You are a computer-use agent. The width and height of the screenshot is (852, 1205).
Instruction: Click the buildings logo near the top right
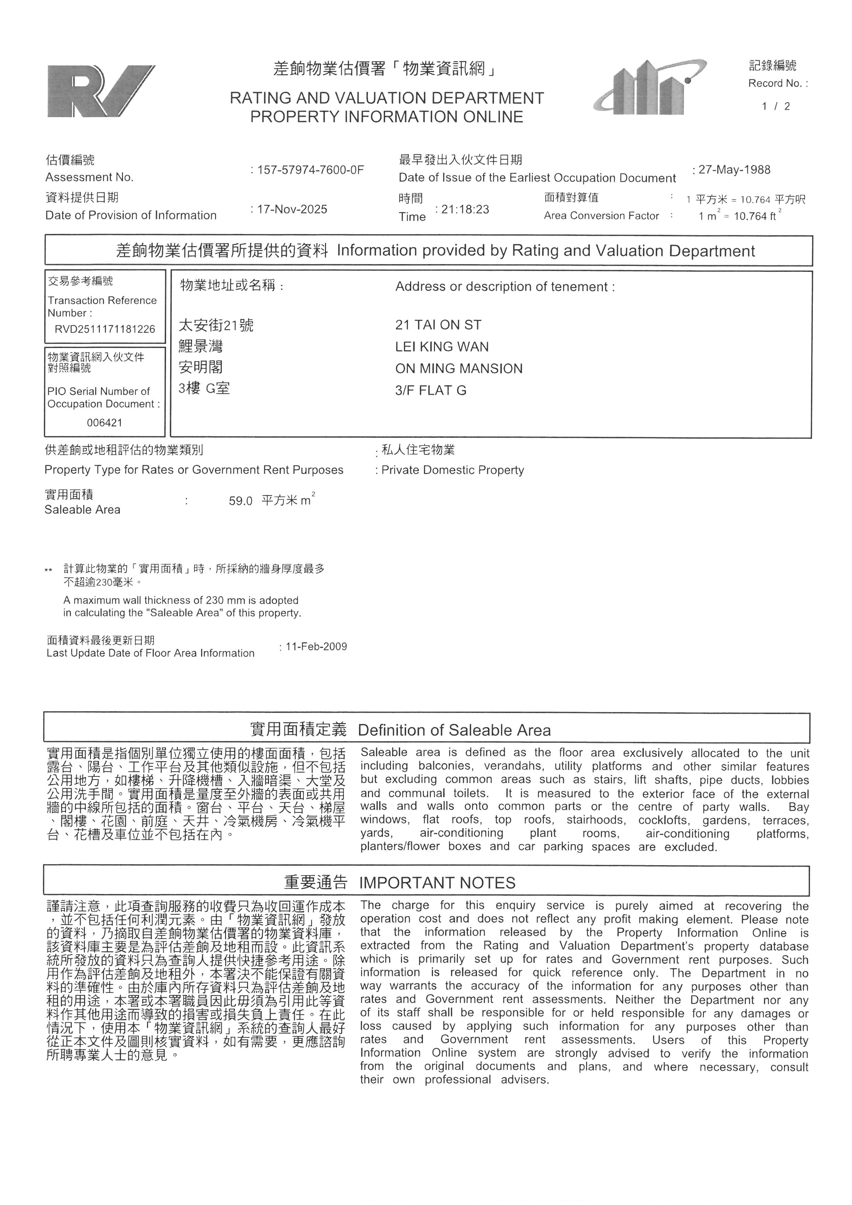point(650,88)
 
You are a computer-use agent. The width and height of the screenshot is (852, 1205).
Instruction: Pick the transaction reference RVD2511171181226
point(105,329)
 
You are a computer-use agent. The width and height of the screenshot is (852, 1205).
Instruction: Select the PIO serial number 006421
point(104,423)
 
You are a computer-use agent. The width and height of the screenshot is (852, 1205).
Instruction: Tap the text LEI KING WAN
point(442,347)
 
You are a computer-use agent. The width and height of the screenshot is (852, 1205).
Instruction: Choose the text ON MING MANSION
point(459,368)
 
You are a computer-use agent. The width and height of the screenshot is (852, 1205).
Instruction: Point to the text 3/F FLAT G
point(431,390)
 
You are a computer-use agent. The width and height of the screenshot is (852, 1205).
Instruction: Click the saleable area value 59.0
point(240,501)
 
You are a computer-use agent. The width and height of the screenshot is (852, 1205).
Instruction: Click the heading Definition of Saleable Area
point(454,730)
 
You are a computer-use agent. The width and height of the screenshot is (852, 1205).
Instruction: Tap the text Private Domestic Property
point(452,470)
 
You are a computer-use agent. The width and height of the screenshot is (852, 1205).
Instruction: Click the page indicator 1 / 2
point(776,107)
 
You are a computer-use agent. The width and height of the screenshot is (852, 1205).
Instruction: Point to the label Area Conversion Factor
point(601,216)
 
